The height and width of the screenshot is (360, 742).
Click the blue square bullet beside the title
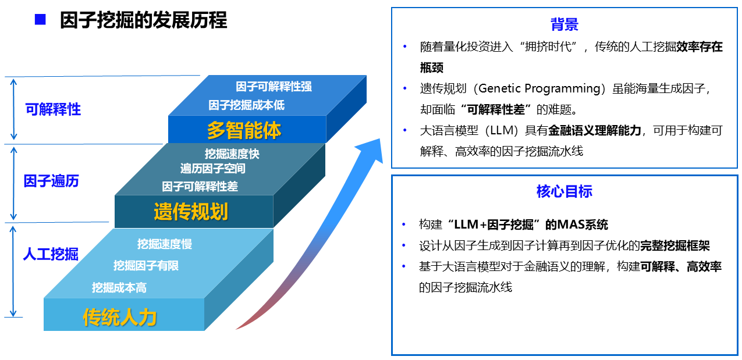pyautogui.click(x=40, y=19)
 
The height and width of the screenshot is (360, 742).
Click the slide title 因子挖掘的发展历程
pyautogui.click(x=143, y=20)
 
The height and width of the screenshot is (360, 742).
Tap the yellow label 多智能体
pyautogui.click(x=244, y=130)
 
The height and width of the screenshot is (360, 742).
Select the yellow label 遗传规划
pyautogui.click(x=191, y=211)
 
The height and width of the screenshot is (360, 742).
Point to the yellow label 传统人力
pyautogui.click(x=119, y=317)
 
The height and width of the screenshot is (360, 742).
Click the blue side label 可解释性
pyautogui.click(x=53, y=109)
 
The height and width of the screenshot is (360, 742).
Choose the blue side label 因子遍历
pyautogui.click(x=51, y=181)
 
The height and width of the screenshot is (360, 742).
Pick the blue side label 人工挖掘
pyautogui.click(x=51, y=254)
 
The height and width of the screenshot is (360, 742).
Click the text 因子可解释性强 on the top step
pyautogui.click(x=274, y=87)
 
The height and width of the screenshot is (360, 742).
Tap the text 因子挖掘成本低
pyautogui.click(x=246, y=105)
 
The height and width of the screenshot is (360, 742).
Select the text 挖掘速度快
pyautogui.click(x=232, y=154)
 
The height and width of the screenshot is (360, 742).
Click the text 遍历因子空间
pyautogui.click(x=212, y=169)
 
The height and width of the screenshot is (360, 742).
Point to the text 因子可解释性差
pyautogui.click(x=200, y=187)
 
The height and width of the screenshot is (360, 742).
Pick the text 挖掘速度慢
pyautogui.click(x=165, y=244)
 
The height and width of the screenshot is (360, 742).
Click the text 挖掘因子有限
pyautogui.click(x=146, y=265)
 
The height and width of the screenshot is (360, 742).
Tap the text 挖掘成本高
pyautogui.click(x=119, y=287)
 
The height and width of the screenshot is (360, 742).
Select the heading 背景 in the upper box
pyautogui.click(x=565, y=24)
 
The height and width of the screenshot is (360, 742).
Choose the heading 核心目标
pyautogui.click(x=565, y=191)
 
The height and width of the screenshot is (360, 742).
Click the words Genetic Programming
pyautogui.click(x=539, y=88)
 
